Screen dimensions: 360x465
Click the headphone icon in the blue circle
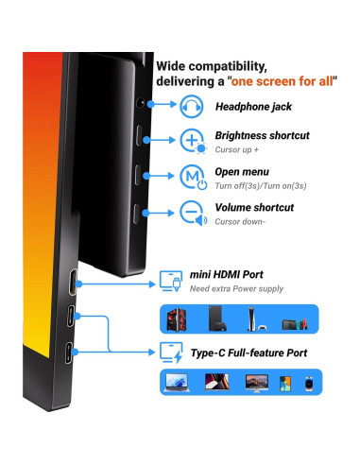pyautogui.click(x=193, y=107)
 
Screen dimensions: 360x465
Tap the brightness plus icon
pyautogui.click(x=193, y=141)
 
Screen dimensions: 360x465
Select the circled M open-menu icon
pyautogui.click(x=193, y=178)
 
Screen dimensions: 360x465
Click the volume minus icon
pyautogui.click(x=193, y=214)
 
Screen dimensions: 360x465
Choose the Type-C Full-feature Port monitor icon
pyautogui.click(x=173, y=353)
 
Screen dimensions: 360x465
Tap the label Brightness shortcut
pyautogui.click(x=262, y=135)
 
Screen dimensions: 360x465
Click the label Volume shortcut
pyautogui.click(x=253, y=207)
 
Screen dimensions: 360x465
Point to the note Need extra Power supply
pyautogui.click(x=238, y=288)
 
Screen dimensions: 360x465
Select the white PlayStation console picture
pyautogui.click(x=251, y=319)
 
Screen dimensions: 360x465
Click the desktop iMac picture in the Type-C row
pyautogui.click(x=255, y=383)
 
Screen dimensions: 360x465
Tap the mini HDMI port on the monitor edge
pyautogui.click(x=73, y=280)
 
